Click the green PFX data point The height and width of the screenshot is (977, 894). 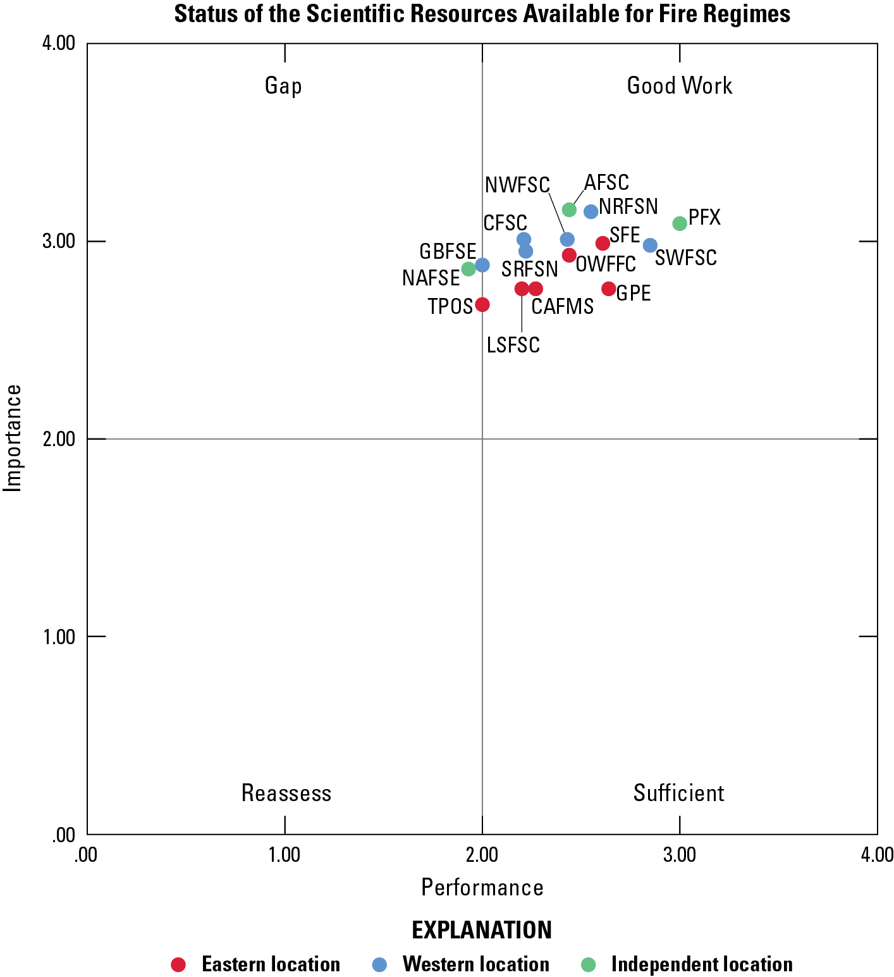tap(680, 223)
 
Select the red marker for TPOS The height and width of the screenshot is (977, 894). tap(482, 305)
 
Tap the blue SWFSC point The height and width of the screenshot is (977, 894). tap(650, 246)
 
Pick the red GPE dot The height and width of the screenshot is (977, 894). tap(609, 289)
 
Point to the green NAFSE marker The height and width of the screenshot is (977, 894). tap(468, 269)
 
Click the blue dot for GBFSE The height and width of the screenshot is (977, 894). tap(482, 265)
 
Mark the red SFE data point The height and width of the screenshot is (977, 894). tap(603, 243)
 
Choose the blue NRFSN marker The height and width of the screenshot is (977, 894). tap(591, 211)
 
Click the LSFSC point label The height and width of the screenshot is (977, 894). tap(513, 345)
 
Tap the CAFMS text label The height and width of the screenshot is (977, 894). tap(563, 307)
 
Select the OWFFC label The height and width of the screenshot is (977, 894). tap(606, 264)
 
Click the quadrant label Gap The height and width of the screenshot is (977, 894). tap(283, 86)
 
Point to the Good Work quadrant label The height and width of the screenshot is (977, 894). tap(680, 86)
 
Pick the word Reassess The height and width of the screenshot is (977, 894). tap(286, 793)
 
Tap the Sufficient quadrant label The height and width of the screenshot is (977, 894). tap(679, 793)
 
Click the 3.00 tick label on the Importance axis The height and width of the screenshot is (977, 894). tap(59, 242)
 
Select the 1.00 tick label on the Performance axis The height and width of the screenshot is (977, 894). tap(285, 856)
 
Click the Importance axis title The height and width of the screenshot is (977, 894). tap(13, 438)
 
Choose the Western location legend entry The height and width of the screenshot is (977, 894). tap(475, 964)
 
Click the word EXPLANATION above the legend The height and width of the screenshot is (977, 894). tap(482, 930)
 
